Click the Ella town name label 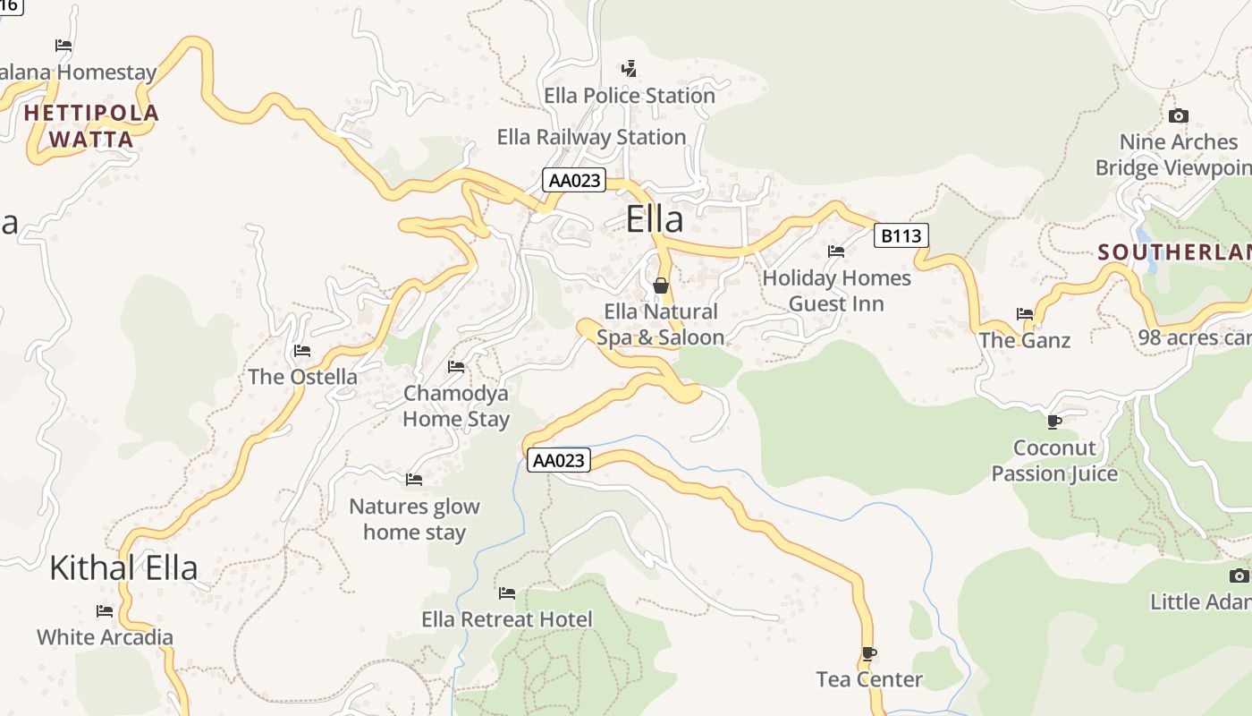click(655, 219)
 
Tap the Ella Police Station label click(630, 96)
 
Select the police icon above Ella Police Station click(630, 68)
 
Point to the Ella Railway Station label click(591, 137)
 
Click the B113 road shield click(901, 235)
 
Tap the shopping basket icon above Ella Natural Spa click(661, 286)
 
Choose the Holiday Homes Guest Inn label click(836, 291)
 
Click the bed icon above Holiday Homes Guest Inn click(836, 251)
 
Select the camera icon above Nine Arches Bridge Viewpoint click(1179, 115)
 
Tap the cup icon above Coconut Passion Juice click(1054, 421)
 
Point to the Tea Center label click(869, 679)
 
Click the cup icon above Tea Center click(868, 653)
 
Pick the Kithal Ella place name click(123, 567)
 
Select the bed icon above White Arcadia click(105, 611)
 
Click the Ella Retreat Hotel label click(507, 619)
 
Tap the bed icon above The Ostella click(302, 350)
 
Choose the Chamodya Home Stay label click(456, 405)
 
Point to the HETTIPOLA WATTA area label click(91, 126)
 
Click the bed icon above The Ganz click(1025, 313)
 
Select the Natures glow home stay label click(414, 519)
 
